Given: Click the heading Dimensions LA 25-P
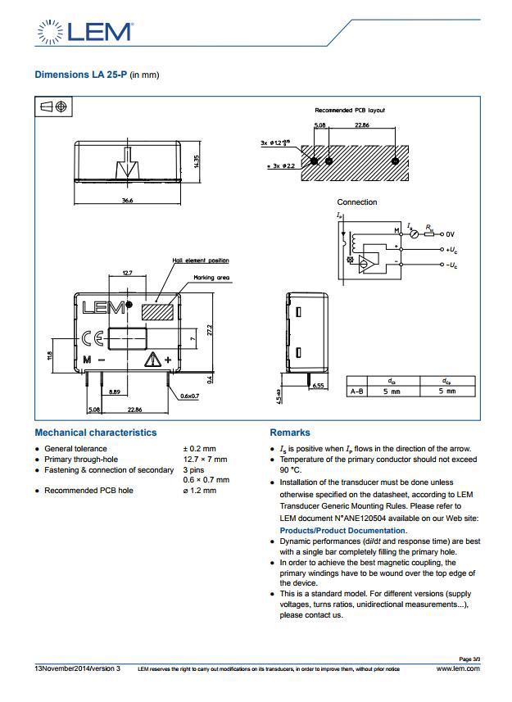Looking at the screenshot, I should coord(96,75).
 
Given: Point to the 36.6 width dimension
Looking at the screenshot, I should coord(127,200).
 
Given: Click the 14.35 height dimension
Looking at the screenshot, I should coord(197,161).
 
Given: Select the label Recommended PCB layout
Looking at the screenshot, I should coord(350,110).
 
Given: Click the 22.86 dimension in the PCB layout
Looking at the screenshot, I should coord(361,125).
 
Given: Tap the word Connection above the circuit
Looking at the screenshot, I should coord(357,202).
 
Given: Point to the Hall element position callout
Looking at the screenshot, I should coord(200,260).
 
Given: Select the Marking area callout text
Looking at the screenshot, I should coord(211,278).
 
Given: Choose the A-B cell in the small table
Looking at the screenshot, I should coord(357,392).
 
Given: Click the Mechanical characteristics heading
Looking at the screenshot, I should coord(95,433).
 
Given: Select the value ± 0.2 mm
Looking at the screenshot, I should coord(199,449).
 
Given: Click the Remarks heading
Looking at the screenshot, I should coord(290,433).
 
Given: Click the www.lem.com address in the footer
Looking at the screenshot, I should coord(458,668).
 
